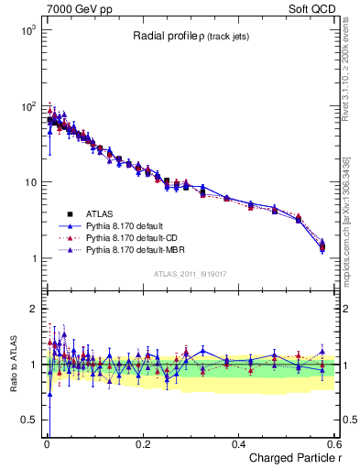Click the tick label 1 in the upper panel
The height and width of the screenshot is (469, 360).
pos(32,258)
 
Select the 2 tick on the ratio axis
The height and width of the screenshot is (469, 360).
pos(32,309)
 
